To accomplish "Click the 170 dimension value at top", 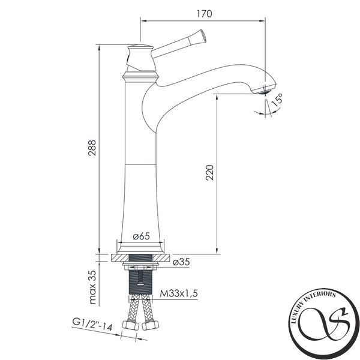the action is [205, 14].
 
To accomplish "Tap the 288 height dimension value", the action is [92, 148].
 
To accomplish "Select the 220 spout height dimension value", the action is [209, 172].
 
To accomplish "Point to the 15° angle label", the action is [277, 100].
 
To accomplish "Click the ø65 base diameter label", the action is [142, 236].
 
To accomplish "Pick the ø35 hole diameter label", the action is [181, 262].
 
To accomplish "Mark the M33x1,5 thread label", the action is [179, 293].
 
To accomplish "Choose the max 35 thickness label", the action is [92, 287].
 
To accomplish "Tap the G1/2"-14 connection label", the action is [92, 325].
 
